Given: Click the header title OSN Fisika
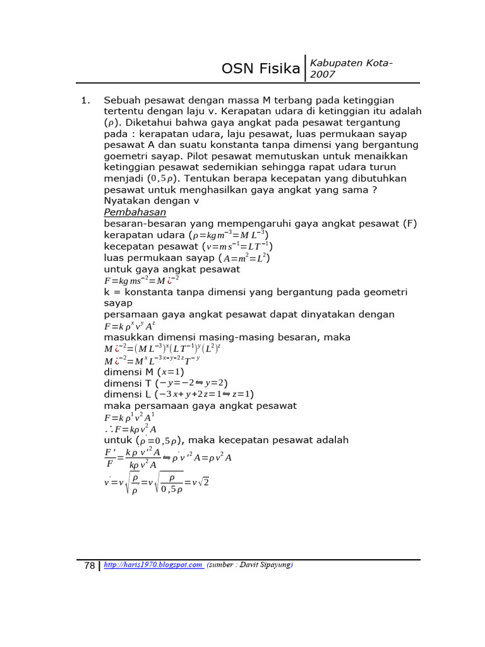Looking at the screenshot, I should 261,69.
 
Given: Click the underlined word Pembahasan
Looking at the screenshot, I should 135,212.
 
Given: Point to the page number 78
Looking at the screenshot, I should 89,565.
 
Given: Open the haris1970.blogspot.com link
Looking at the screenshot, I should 153,565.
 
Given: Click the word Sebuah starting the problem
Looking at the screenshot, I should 123,100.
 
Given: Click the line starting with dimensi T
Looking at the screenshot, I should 165,383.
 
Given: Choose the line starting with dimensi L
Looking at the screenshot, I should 179,394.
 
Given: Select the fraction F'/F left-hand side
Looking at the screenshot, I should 110,458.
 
